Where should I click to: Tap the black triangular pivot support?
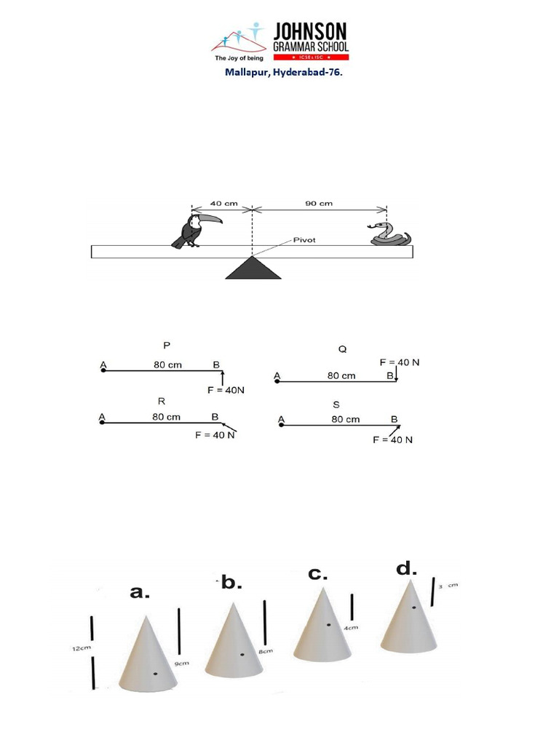point(253,268)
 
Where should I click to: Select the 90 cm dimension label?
point(318,204)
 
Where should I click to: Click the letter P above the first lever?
point(167,346)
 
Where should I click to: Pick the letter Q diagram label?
point(342,349)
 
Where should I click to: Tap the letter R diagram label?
point(162,401)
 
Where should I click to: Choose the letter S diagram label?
point(336,405)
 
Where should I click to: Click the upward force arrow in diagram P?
point(223,377)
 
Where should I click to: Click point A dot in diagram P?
point(103,370)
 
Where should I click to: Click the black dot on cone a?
point(155,674)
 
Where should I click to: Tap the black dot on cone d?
point(413,607)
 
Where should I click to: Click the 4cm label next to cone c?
point(351,627)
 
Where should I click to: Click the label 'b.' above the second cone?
point(231,583)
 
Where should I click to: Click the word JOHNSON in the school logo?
point(310,31)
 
